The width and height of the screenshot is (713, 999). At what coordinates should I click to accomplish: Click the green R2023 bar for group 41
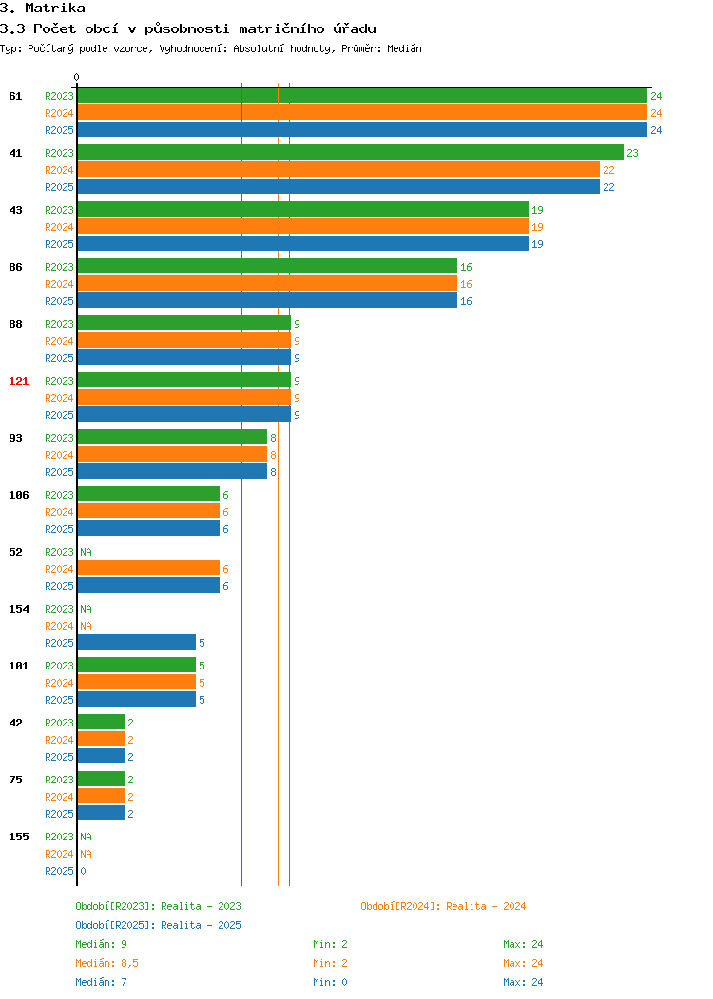click(x=350, y=152)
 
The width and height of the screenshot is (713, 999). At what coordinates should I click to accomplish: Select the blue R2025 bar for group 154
click(x=137, y=642)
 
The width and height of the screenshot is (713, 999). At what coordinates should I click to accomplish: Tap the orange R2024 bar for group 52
click(x=148, y=568)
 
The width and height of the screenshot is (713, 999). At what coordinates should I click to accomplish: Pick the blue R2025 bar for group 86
click(x=267, y=301)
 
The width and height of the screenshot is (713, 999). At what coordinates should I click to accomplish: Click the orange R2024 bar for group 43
click(x=303, y=227)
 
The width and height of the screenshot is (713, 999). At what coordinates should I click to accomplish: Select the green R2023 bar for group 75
click(x=101, y=780)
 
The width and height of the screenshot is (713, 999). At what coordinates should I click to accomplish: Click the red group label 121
click(x=18, y=381)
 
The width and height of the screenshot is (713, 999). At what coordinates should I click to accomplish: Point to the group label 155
click(x=18, y=837)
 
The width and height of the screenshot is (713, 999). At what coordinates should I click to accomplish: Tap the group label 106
click(x=18, y=495)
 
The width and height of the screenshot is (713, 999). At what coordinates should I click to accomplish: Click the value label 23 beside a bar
click(x=632, y=153)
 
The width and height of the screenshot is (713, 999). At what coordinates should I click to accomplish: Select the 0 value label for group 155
click(x=83, y=871)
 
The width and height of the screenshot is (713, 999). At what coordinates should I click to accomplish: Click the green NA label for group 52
click(x=87, y=552)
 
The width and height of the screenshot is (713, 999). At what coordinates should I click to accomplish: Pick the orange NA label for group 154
click(x=87, y=627)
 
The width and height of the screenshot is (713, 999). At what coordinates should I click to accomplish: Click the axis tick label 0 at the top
click(x=77, y=77)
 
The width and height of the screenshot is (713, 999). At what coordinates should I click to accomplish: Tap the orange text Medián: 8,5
click(x=107, y=963)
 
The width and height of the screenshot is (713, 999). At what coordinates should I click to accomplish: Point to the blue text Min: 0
click(x=330, y=983)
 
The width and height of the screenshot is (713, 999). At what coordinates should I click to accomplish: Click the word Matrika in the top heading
click(x=55, y=9)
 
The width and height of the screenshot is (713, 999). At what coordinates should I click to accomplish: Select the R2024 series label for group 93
click(x=59, y=455)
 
